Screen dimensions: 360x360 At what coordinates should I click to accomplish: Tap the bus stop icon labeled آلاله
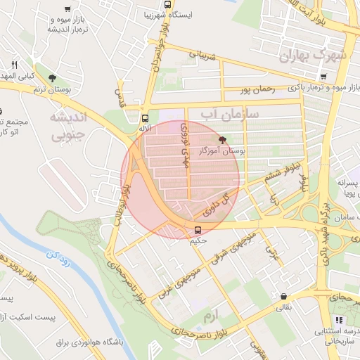click(145, 118)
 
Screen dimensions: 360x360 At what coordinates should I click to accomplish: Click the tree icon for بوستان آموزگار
click(223, 140)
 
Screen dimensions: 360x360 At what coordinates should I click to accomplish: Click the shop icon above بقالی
click(283, 297)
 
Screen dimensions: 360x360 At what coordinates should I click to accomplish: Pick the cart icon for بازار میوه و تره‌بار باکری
click(323, 77)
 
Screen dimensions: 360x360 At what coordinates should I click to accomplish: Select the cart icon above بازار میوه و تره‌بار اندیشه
click(67, 9)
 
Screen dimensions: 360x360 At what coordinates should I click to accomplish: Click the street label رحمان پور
click(256, 89)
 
